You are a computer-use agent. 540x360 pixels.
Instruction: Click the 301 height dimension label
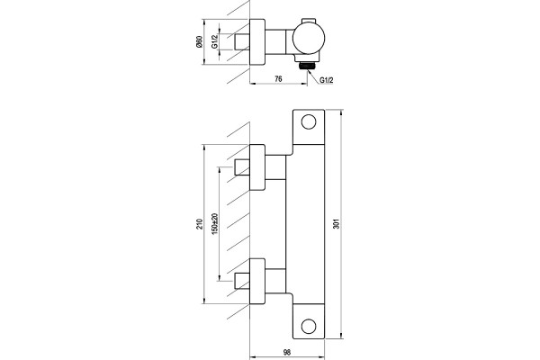(x=337, y=224)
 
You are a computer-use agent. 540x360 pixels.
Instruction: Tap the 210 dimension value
(x=200, y=224)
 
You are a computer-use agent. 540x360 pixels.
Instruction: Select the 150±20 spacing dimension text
(x=215, y=224)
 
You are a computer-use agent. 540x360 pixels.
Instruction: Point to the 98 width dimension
(x=286, y=353)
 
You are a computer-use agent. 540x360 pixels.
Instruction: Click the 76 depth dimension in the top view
(x=278, y=79)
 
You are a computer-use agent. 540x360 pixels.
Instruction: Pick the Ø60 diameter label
(x=200, y=41)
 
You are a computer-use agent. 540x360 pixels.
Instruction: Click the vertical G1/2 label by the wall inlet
(x=215, y=41)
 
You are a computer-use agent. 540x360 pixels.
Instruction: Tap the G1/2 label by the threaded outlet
(x=327, y=80)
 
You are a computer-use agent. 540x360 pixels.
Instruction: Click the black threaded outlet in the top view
(x=307, y=66)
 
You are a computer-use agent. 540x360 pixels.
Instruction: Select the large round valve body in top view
(x=308, y=39)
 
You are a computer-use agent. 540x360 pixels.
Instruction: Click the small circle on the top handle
(x=308, y=122)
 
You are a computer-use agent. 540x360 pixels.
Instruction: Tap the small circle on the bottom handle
(x=308, y=326)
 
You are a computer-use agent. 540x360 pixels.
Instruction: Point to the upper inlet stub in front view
(x=242, y=167)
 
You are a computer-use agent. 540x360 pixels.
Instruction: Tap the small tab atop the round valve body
(x=309, y=21)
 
